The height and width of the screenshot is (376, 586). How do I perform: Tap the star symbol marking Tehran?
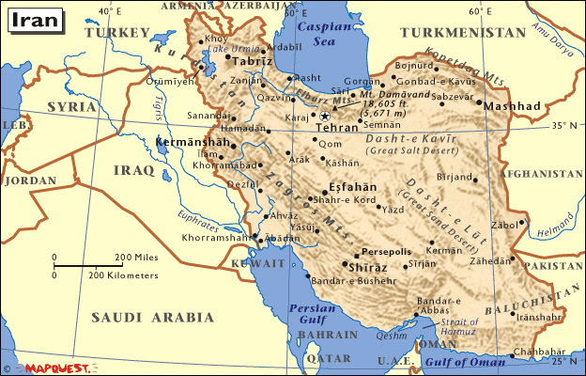click(325, 116)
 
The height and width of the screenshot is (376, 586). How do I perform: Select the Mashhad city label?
click(512, 107)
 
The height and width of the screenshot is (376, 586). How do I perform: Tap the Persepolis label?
click(386, 252)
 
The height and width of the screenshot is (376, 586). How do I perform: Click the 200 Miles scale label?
click(135, 257)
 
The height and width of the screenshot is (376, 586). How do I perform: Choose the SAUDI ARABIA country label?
click(145, 317)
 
